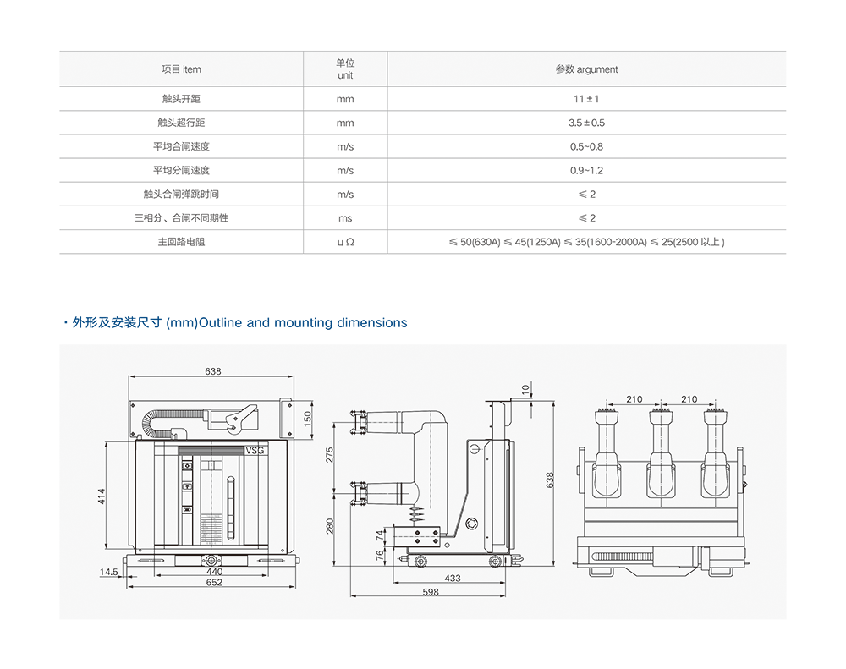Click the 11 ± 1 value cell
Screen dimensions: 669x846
586,99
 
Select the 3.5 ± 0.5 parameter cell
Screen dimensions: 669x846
586,123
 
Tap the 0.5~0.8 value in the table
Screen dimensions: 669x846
586,146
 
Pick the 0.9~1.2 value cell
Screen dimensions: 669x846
586,170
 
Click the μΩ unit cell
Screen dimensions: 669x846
345,242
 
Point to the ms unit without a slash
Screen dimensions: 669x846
345,218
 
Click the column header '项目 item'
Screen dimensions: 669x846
181,69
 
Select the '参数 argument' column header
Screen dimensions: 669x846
586,69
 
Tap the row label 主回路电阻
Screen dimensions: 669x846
181,242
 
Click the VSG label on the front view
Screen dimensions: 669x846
255,451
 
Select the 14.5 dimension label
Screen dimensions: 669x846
108,573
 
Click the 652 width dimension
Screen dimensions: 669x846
214,583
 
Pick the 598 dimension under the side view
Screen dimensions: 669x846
431,593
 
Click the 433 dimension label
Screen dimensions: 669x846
453,579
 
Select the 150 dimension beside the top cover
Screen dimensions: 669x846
308,417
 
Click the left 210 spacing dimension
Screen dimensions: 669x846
634,399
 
